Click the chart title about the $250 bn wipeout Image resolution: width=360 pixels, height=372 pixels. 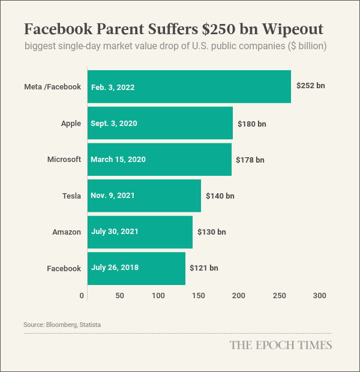[x=174, y=29]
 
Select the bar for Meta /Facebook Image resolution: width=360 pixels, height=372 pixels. [x=189, y=87]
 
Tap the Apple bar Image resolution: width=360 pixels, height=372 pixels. [x=160, y=124]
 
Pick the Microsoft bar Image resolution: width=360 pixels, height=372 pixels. [x=160, y=160]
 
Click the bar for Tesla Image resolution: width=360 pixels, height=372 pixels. [x=144, y=196]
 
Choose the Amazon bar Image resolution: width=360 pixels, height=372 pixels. [x=140, y=232]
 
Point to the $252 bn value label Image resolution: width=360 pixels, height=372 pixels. [x=310, y=86]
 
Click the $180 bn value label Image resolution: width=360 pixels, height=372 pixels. [x=251, y=124]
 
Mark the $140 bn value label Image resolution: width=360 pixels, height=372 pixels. [x=220, y=196]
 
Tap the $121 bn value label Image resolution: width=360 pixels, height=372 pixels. [x=204, y=268]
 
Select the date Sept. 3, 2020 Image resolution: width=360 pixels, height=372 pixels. [x=114, y=124]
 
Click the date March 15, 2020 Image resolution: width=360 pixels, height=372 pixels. [x=118, y=160]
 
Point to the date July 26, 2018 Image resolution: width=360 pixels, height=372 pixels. [x=115, y=268]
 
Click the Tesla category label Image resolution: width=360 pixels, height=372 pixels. [x=71, y=196]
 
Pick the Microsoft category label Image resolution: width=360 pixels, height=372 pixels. [x=64, y=160]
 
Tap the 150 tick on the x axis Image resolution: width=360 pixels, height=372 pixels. [x=199, y=296]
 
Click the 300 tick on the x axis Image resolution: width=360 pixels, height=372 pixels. [x=319, y=296]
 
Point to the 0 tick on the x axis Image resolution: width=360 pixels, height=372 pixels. [x=82, y=296]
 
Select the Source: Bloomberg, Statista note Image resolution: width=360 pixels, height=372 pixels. [x=62, y=325]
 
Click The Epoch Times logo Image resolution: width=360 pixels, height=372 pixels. [x=281, y=345]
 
